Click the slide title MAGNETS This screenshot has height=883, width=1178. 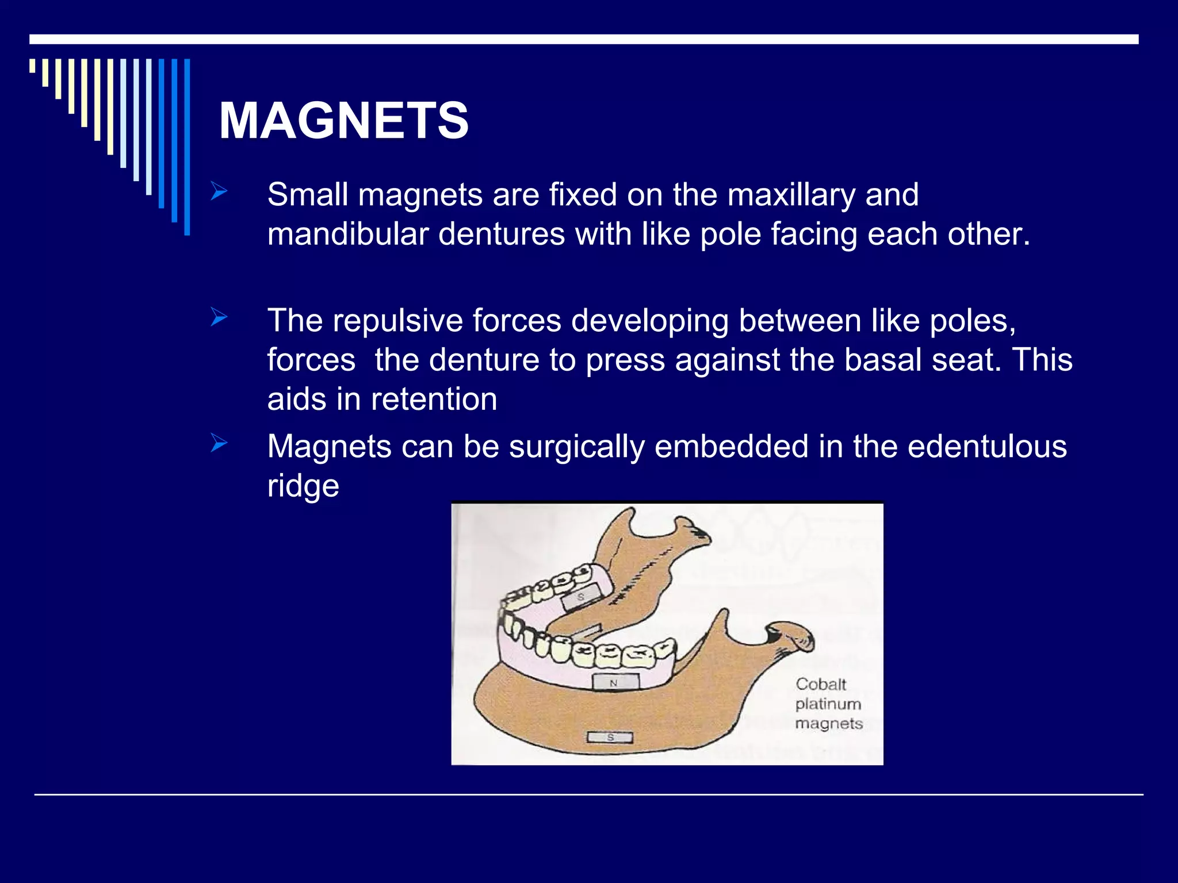point(343,121)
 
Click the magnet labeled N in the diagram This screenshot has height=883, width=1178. point(615,682)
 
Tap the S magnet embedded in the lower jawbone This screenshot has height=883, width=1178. point(610,737)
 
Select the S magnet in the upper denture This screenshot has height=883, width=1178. point(580,598)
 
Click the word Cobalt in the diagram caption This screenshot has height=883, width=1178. point(821,684)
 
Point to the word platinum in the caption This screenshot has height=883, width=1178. point(828,704)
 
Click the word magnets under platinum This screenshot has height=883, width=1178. point(829,723)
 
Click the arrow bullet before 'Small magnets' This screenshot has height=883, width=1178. point(219,191)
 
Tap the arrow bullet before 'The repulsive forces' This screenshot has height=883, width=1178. point(219,317)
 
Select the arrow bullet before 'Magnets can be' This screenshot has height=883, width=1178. point(219,443)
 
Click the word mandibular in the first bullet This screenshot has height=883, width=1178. point(347,235)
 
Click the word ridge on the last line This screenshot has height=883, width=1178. point(303,486)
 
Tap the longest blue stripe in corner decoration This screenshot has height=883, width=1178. point(187,147)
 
